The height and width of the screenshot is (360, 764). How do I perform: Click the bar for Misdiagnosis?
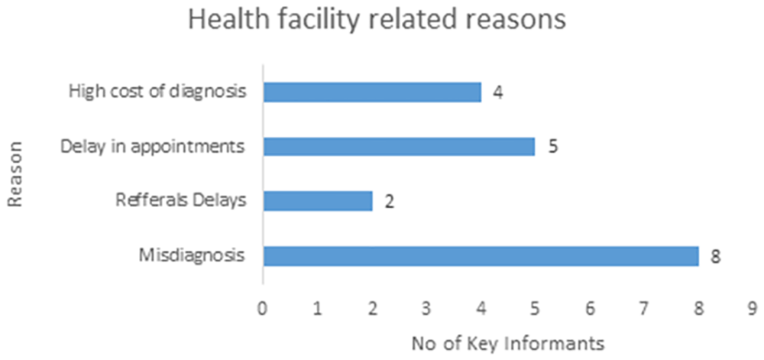coord(481,256)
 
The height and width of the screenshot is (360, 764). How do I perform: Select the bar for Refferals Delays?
coord(318,201)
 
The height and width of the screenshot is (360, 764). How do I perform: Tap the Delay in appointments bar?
coord(399,146)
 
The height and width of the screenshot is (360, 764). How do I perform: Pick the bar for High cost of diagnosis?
coord(372,92)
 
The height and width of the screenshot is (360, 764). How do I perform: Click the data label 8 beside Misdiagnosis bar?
coord(715,257)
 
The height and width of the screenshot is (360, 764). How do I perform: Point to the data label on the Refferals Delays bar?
coord(389,202)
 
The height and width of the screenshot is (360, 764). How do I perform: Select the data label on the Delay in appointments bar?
coord(552,147)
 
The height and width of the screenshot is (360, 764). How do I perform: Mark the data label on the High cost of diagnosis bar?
coord(498,92)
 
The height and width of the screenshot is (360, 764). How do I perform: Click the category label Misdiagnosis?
coord(192,256)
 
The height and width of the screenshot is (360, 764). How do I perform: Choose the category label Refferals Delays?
coord(180,201)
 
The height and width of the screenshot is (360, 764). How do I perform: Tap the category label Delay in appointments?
coord(153,147)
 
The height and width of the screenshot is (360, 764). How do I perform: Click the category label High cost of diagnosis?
coord(157,92)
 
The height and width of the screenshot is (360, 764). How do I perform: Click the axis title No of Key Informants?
coord(508,343)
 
